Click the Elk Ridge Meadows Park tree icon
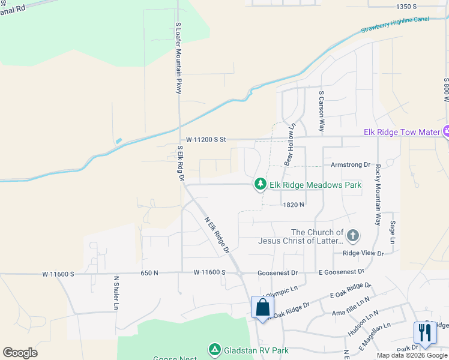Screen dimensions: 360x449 point(260,185)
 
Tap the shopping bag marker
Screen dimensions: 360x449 point(262,308)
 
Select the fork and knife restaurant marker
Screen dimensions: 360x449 point(425,333)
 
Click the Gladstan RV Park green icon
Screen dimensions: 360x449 point(214,350)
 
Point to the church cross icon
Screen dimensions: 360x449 point(353,236)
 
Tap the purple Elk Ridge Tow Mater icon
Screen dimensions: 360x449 point(446,131)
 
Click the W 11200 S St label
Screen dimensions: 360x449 point(205,139)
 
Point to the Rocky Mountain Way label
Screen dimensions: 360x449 point(378,194)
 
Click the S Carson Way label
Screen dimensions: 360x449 point(322,112)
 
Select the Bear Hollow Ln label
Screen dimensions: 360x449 point(290,145)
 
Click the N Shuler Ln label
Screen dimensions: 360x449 point(116,293)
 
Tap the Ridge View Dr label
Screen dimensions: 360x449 point(363,253)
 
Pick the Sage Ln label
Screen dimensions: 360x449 point(392,231)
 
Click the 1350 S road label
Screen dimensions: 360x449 point(406,6)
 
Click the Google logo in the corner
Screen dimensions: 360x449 point(20,352)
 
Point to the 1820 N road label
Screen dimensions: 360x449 point(294,205)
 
